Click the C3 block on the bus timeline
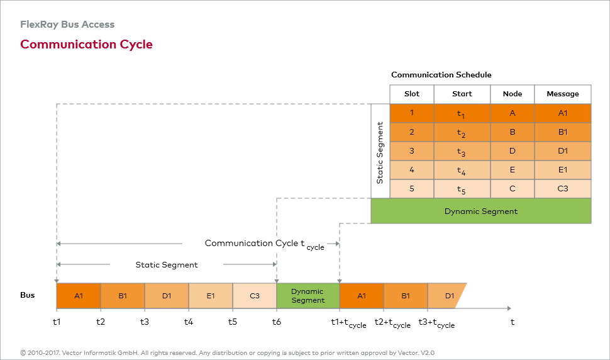255,296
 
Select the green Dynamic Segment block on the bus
308,296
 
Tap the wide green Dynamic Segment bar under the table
481,211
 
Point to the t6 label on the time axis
277,322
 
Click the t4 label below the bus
189,322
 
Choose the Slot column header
412,94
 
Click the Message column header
563,94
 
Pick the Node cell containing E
513,169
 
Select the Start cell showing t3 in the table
462,151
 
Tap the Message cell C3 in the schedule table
563,188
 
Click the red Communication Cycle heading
86,44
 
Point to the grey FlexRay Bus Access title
67,25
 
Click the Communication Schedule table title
441,75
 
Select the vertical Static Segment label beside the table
380,151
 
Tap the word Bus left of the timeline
28,295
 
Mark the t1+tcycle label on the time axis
348,323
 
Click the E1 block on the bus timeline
211,296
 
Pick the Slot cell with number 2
412,132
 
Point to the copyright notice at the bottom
227,352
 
